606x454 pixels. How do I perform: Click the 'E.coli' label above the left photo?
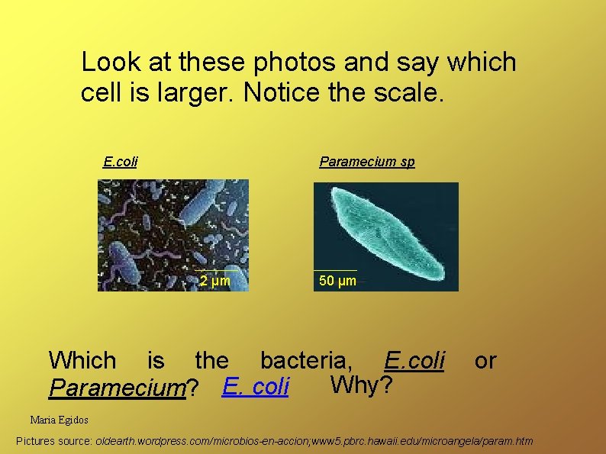click(120, 161)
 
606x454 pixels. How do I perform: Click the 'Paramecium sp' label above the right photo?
click(366, 161)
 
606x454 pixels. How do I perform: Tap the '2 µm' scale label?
click(214, 281)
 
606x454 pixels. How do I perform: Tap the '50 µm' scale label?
click(337, 281)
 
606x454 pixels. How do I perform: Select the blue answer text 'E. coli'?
click(256, 387)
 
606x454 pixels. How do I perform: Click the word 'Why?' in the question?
click(361, 385)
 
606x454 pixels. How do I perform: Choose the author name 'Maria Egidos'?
click(59, 420)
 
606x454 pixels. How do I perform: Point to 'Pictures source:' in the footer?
click(54, 441)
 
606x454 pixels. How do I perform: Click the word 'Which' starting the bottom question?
click(82, 360)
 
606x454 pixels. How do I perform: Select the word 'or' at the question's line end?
click(485, 360)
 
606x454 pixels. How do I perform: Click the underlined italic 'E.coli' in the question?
click(414, 360)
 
